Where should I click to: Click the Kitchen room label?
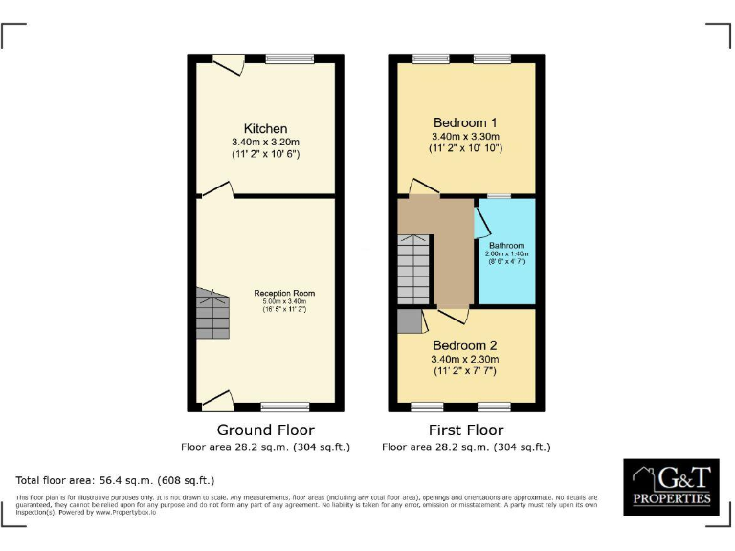(265, 129)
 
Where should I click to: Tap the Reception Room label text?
(284, 293)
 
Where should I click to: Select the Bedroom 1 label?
(465, 122)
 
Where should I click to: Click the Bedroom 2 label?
(465, 345)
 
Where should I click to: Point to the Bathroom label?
(507, 246)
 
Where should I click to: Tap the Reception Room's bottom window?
(284, 407)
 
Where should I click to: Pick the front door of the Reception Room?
(217, 400)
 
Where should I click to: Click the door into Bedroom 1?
(422, 187)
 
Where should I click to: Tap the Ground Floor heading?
(265, 430)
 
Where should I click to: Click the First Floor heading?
(465, 430)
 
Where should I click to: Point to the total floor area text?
(115, 480)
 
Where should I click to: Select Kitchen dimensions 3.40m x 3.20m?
(265, 143)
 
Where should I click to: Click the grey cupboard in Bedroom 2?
(410, 320)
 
